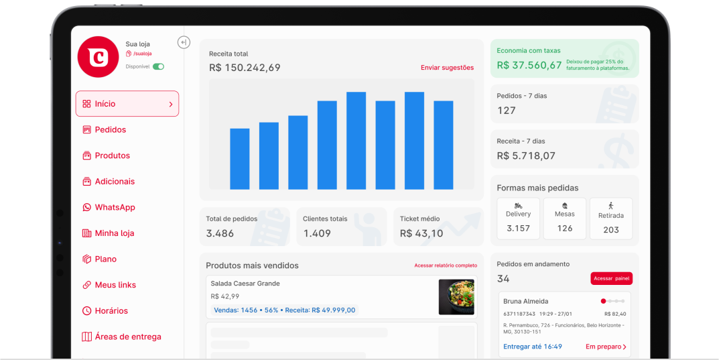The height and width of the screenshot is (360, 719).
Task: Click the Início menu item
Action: [127, 104]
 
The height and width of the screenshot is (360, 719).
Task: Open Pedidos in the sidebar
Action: [110, 130]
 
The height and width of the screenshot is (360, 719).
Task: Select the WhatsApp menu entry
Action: [115, 208]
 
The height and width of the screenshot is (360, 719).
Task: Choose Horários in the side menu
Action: [111, 311]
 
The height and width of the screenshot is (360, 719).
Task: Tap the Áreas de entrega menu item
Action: [127, 337]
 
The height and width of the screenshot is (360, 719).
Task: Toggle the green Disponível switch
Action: [158, 67]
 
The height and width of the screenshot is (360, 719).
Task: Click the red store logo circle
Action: [98, 57]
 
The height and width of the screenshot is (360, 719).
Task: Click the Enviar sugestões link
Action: [447, 68]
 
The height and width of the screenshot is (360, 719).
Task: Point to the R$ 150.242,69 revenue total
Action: [245, 68]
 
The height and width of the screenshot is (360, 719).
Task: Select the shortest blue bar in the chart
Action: [239, 159]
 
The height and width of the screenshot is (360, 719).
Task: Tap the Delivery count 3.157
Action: [518, 229]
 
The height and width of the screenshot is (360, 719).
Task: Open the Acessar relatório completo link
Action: [446, 265]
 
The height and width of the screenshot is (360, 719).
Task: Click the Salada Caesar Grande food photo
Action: [456, 297]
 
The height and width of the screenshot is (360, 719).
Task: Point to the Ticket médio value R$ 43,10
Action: [421, 233]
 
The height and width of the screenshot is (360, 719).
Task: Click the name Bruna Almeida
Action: [525, 302]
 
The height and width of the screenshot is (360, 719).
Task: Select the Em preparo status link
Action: [606, 347]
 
